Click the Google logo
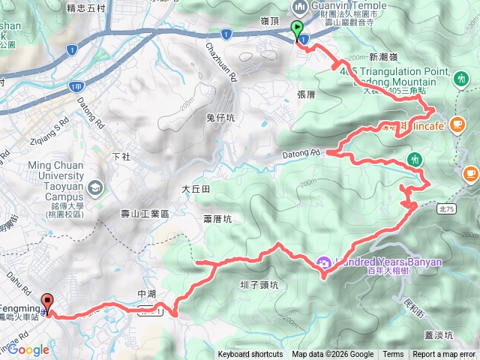(x=28, y=349)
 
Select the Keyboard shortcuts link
(x=250, y=355)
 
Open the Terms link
(x=393, y=355)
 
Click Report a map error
(x=445, y=355)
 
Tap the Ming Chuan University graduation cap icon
(x=95, y=186)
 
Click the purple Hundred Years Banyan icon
(x=324, y=262)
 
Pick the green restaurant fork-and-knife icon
(x=415, y=159)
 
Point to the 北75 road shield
(x=445, y=211)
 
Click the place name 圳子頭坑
(x=260, y=285)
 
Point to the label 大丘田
(x=195, y=189)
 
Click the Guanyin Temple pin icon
(x=299, y=7)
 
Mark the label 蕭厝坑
(x=217, y=218)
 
